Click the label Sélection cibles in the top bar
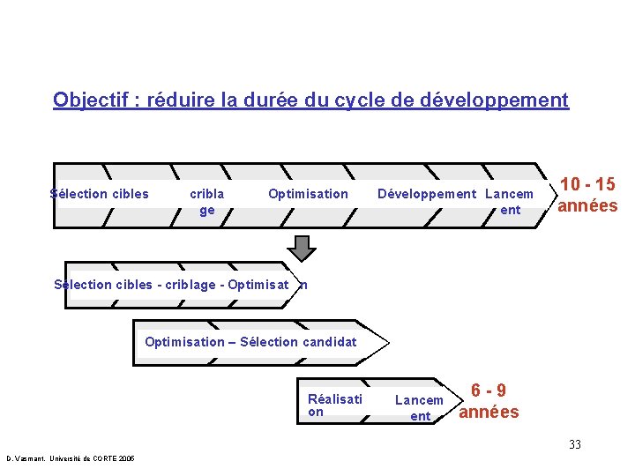[x=100, y=194]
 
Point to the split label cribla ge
[x=207, y=202]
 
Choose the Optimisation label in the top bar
[x=308, y=194]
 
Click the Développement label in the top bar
[x=427, y=194]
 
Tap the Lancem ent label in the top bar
[x=510, y=202]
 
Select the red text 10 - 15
[x=588, y=185]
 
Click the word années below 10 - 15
[x=586, y=205]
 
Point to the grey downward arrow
[x=303, y=248]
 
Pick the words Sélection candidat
[x=298, y=342]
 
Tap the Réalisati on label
[x=334, y=405]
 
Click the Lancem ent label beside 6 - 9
[x=420, y=408]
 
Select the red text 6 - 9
[x=488, y=390]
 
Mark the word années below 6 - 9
[x=489, y=412]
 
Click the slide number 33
[x=575, y=444]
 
